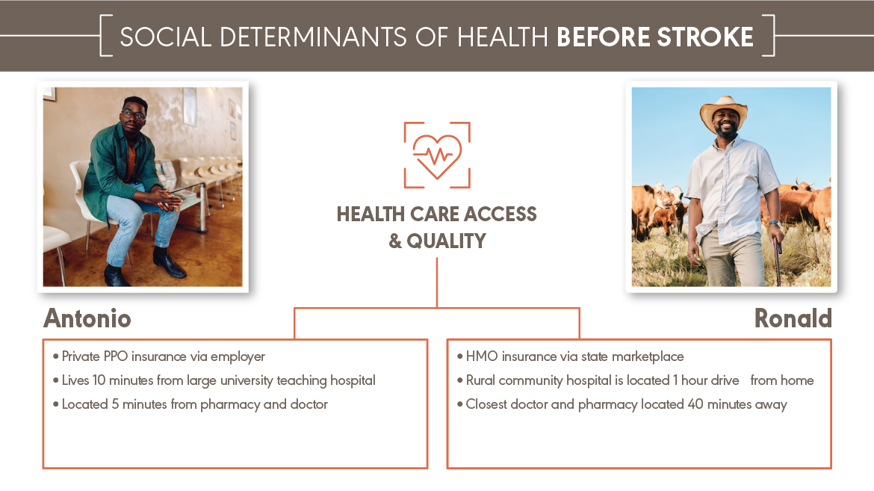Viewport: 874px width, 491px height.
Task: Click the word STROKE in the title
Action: coord(704,37)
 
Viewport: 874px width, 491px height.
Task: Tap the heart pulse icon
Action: coord(437,155)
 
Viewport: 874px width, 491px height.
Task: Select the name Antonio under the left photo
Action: coord(87,318)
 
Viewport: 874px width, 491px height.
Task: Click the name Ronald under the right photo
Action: coord(793,318)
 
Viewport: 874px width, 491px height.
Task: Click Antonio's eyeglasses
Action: coord(133,115)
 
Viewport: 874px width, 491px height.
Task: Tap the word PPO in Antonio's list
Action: coord(115,356)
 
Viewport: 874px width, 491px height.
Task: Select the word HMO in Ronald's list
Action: coord(482,356)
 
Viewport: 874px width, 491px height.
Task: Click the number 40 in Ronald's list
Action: coord(695,404)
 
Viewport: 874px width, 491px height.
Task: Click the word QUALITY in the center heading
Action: coord(446,241)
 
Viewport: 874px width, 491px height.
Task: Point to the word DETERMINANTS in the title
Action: coord(313,37)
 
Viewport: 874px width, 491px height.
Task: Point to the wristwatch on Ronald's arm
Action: coord(774,223)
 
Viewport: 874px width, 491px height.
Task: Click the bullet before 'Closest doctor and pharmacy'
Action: coord(460,404)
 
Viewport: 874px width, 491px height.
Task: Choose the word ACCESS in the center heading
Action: coord(500,214)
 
